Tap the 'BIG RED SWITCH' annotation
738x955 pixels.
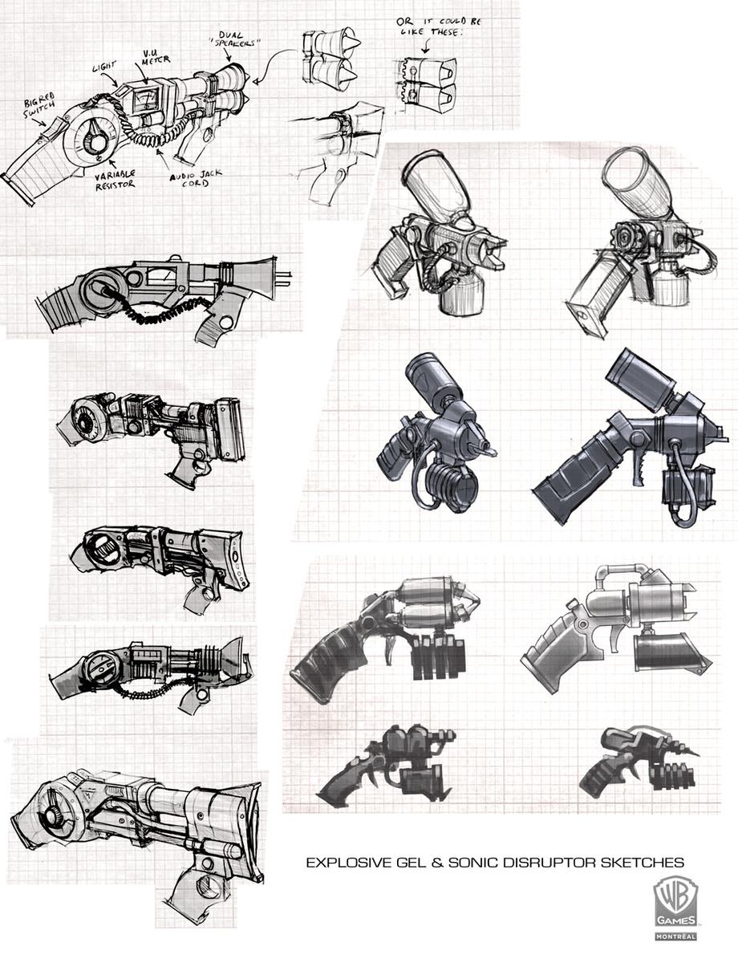[39, 106]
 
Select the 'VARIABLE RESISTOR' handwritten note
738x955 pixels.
[115, 180]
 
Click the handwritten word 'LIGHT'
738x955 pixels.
[104, 67]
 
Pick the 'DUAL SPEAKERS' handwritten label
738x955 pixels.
[238, 40]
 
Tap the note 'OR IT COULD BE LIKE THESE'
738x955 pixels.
[439, 26]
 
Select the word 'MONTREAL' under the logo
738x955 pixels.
[675, 936]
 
